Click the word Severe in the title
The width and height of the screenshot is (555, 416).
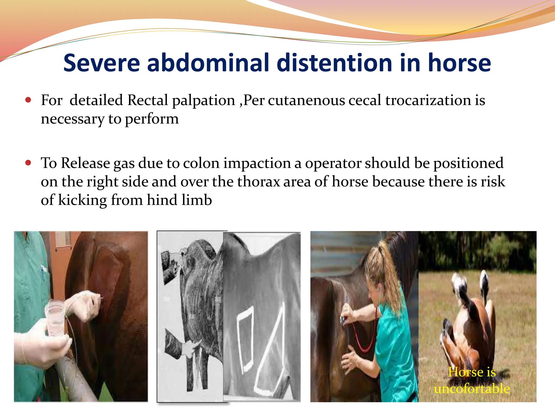click(101, 63)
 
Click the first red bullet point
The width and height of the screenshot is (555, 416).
click(28, 100)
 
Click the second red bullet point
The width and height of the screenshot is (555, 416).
click(28, 163)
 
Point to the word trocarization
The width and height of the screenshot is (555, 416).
click(428, 100)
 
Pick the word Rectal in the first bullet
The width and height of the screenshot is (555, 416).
click(148, 100)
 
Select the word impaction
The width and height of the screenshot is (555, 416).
click(257, 163)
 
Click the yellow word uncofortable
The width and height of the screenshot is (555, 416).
click(472, 388)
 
